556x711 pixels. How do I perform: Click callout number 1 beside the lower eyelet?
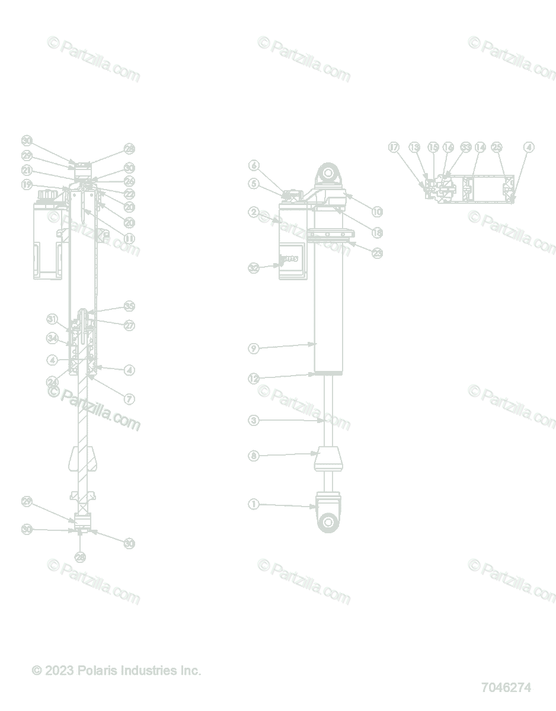click(x=254, y=504)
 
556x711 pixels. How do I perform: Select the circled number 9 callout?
click(x=254, y=348)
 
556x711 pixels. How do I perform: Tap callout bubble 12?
click(x=254, y=379)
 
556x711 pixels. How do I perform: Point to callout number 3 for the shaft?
click(x=254, y=420)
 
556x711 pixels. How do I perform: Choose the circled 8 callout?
click(x=254, y=456)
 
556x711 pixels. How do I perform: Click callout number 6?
click(x=254, y=165)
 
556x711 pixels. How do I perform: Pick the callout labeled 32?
click(x=254, y=268)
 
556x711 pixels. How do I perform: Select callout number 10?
click(x=378, y=212)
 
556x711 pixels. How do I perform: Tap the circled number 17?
click(x=394, y=148)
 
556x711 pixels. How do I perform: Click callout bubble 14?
click(x=480, y=148)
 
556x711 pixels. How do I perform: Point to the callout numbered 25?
click(x=497, y=148)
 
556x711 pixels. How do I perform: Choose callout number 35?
click(x=129, y=306)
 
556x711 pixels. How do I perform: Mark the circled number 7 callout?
click(x=129, y=399)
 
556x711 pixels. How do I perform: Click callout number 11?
click(x=129, y=238)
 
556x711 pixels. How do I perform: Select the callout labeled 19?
click(x=27, y=185)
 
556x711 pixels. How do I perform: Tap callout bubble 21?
click(x=27, y=171)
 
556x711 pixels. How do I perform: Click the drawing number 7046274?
click(x=506, y=687)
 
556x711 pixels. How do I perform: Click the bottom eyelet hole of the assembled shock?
click(x=328, y=521)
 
